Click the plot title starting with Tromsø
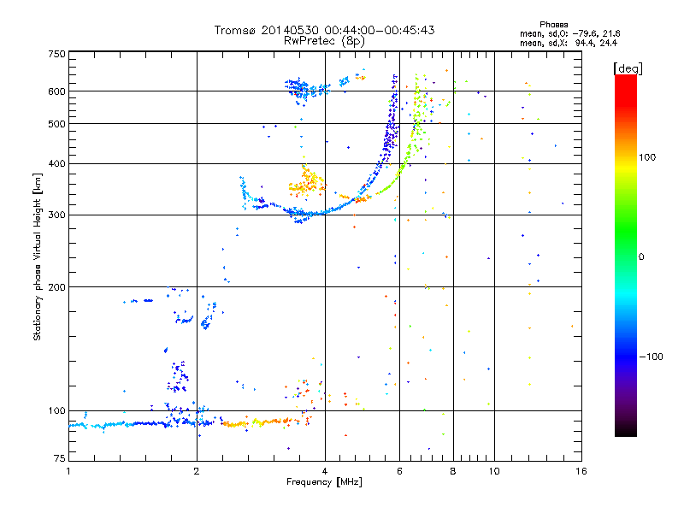[x=324, y=30]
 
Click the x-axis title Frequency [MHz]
[x=324, y=483]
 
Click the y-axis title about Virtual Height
[x=38, y=257]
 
